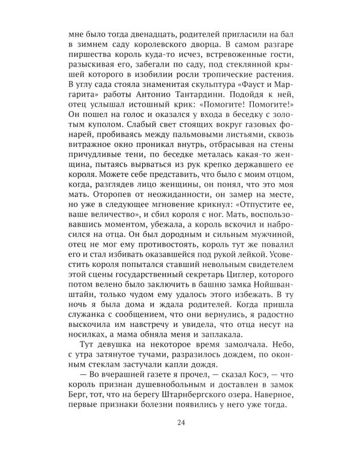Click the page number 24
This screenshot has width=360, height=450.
pyautogui.click(x=180, y=423)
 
